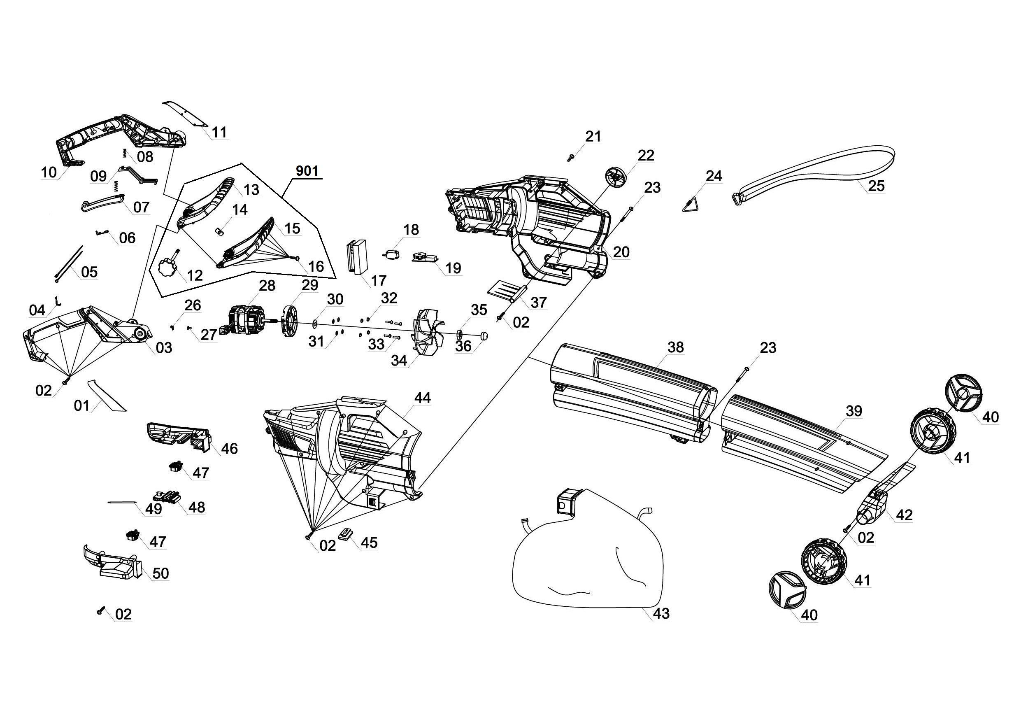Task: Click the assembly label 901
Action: click(x=307, y=170)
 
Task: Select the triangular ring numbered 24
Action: click(x=691, y=206)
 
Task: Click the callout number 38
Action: click(x=675, y=347)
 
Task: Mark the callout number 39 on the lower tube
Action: click(x=854, y=411)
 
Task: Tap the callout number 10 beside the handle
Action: click(x=49, y=172)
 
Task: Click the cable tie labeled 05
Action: click(x=70, y=263)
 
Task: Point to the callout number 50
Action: click(x=160, y=573)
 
